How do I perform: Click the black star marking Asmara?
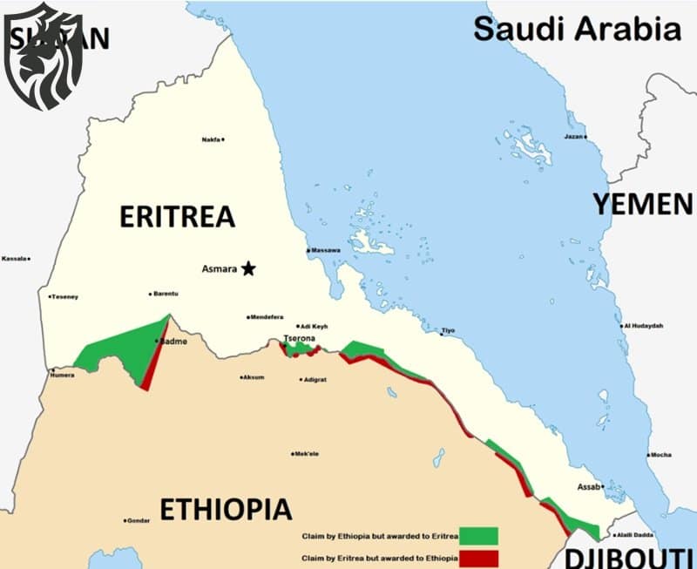pyautogui.click(x=248, y=268)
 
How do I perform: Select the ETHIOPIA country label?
pyautogui.click(x=226, y=509)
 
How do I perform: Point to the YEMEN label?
pyautogui.click(x=643, y=204)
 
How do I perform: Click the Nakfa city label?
pyautogui.click(x=211, y=139)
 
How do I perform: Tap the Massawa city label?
pyautogui.click(x=325, y=251)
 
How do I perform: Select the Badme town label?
pyautogui.click(x=173, y=342)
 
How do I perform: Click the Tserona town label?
pyautogui.click(x=298, y=337)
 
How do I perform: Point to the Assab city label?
pyautogui.click(x=590, y=487)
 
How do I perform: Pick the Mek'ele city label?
pyautogui.click(x=308, y=454)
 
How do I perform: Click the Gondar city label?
pyautogui.click(x=139, y=520)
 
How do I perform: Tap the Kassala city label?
pyautogui.click(x=15, y=259)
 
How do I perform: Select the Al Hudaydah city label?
pyautogui.click(x=643, y=326)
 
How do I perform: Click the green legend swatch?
pyautogui.click(x=477, y=535)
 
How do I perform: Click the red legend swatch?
pyautogui.click(x=477, y=558)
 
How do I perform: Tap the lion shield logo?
pyautogui.click(x=44, y=56)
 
